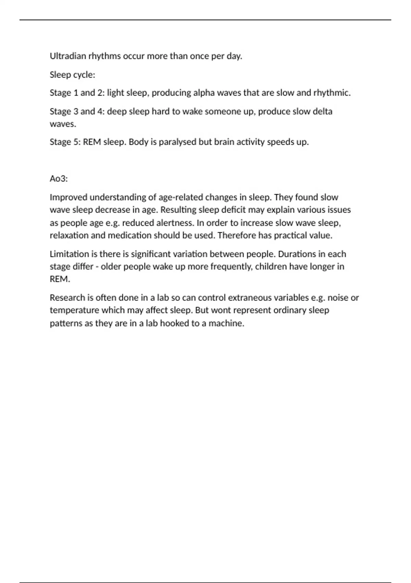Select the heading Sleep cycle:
click(x=72, y=75)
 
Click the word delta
click(x=322, y=111)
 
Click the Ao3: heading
click(x=59, y=179)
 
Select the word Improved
click(x=68, y=197)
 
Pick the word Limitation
click(x=69, y=254)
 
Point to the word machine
click(x=226, y=323)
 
